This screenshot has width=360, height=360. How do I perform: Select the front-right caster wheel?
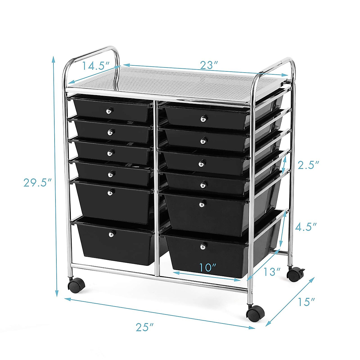point(256,314)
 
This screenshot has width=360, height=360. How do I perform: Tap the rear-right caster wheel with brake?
point(295,274)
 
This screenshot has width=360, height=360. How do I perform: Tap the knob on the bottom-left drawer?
point(112,233)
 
